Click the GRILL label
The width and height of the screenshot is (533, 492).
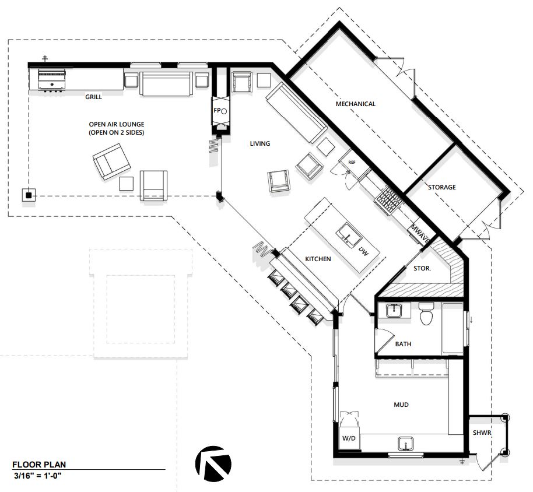click(93, 97)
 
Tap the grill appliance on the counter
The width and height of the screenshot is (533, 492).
click(52, 80)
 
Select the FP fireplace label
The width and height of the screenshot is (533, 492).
click(217, 110)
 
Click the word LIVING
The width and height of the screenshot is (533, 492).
click(260, 143)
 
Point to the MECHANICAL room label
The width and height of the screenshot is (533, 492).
click(356, 104)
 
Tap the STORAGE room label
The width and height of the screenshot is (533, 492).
click(442, 187)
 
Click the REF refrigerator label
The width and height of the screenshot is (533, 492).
click(352, 163)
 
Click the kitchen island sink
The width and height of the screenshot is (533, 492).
click(349, 234)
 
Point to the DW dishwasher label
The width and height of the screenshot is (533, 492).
click(364, 251)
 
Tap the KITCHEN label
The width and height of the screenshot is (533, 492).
click(318, 259)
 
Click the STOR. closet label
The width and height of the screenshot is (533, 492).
click(422, 268)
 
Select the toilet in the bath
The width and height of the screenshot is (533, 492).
click(426, 313)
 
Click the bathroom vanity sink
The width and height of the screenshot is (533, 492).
click(394, 311)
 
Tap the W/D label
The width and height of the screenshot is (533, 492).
click(349, 438)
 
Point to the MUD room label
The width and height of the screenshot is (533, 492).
click(401, 405)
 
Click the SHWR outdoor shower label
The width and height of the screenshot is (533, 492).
click(482, 433)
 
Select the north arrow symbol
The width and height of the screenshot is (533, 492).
click(213, 463)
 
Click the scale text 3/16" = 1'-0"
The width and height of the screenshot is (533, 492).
click(38, 476)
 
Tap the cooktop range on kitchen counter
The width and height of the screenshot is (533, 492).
click(389, 201)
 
